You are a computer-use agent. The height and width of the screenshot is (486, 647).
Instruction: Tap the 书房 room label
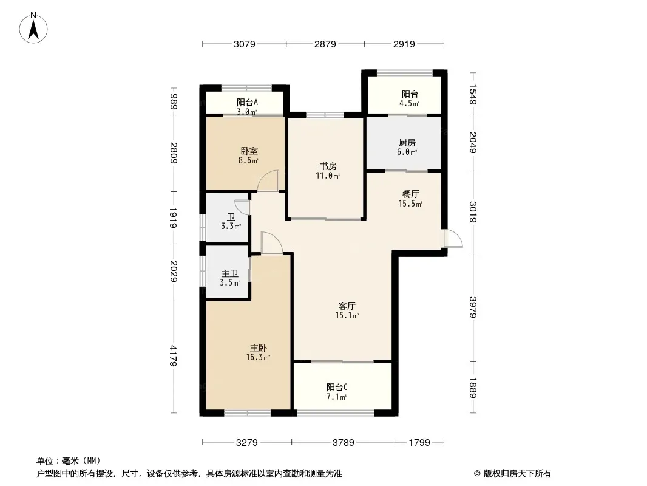pos(328,166)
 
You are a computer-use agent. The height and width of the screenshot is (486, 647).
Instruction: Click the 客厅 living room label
pos(347,306)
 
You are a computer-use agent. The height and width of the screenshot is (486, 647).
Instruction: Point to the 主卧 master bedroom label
pos(259,347)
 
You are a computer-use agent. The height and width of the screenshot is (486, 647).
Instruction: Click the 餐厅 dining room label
pos(411,194)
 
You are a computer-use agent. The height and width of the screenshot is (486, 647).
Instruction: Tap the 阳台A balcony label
pos(247,102)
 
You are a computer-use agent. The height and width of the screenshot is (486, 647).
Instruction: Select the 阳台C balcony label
pos(337,387)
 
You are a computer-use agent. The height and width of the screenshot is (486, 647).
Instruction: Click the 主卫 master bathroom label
pos(229,273)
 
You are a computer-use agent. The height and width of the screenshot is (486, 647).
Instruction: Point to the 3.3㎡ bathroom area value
pos(231,227)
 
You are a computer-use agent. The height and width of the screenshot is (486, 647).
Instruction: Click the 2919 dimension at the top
pos(404,44)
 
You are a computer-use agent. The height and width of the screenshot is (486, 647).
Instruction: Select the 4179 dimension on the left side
pos(174,356)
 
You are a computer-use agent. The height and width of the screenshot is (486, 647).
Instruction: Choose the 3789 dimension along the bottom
pos(343,443)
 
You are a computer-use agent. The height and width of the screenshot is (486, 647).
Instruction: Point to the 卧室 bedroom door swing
pos(268,180)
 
